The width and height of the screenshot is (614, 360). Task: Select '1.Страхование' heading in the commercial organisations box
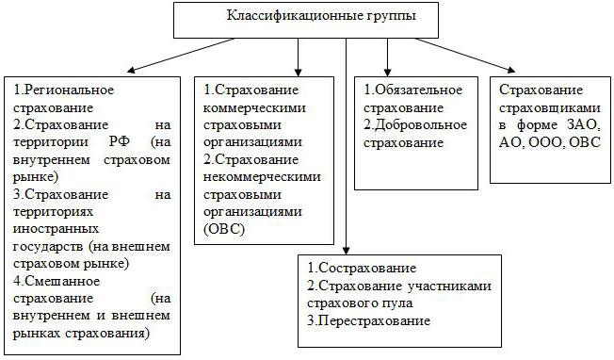tap(251, 90)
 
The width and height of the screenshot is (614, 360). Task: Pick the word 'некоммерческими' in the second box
tap(263, 176)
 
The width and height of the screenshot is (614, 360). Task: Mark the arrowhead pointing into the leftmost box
tap(127, 70)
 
